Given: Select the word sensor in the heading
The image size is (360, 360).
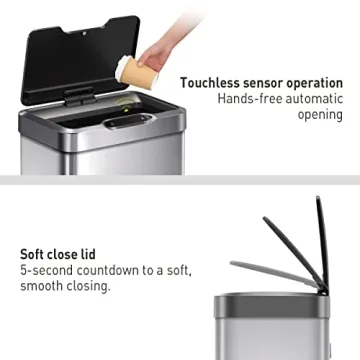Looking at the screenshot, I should pyautogui.click(x=265, y=83).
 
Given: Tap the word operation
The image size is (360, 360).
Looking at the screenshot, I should pyautogui.click(x=318, y=83).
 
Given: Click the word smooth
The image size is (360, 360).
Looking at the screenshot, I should pyautogui.click(x=43, y=286).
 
